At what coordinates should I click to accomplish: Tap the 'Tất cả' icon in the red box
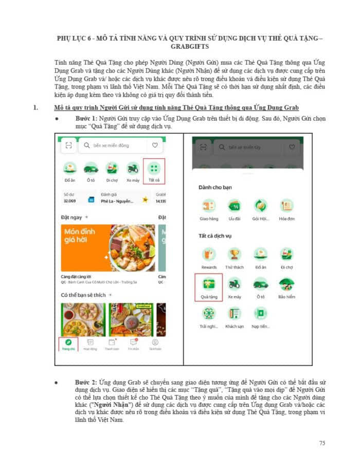[154, 169]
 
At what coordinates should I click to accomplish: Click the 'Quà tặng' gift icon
[208, 284]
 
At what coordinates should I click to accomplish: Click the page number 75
[322, 443]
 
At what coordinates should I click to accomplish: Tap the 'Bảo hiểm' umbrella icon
[286, 284]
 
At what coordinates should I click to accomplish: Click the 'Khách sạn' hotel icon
[235, 313]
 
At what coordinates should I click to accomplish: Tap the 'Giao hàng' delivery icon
[208, 206]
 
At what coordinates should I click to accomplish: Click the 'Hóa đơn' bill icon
[286, 206]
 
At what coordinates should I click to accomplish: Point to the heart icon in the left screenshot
[154, 146]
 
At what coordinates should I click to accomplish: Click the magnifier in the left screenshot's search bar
[87, 146]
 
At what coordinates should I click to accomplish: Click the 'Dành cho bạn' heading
[215, 187]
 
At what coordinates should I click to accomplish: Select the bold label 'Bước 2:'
[86, 383]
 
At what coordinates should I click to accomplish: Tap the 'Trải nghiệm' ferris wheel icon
[208, 313]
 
